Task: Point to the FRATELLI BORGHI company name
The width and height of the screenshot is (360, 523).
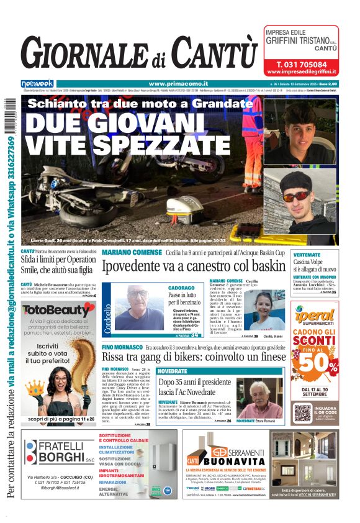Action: (x=61, y=453)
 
